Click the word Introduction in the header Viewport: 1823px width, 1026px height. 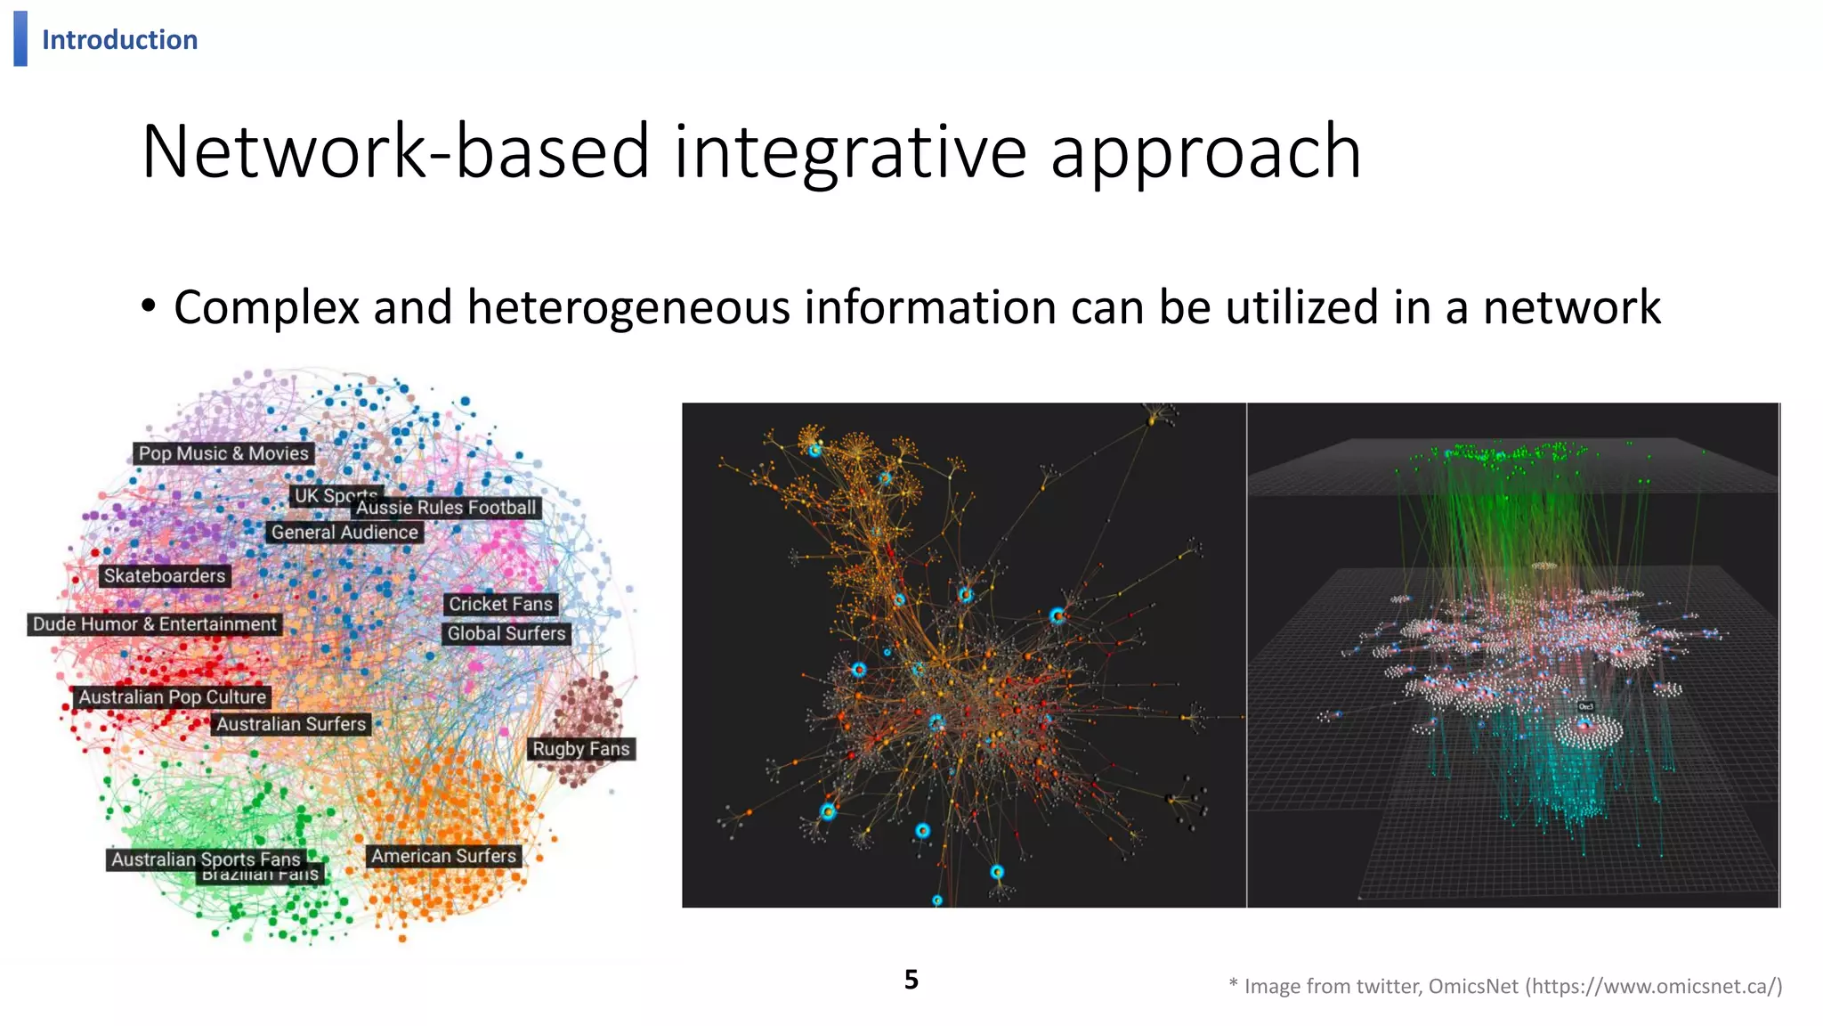tap(119, 40)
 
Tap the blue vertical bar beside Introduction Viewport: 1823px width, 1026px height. tap(20, 38)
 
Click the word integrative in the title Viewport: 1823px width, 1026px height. tap(850, 152)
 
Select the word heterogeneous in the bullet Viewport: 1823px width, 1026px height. tap(628, 307)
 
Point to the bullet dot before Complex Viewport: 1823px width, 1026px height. tap(149, 306)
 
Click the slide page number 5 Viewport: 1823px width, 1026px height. tap(911, 980)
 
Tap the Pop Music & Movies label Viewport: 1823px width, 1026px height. tap(223, 453)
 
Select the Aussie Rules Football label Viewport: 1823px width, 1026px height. tap(447, 508)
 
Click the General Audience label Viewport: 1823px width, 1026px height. tap(344, 533)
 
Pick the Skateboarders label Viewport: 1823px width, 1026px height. tap(165, 576)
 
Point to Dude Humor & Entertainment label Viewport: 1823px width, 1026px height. tap(155, 624)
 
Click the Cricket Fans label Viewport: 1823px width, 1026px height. tap(500, 605)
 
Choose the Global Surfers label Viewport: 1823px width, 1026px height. tap(506, 634)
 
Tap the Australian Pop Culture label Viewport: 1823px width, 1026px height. tap(172, 697)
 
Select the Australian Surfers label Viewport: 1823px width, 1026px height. tap(291, 725)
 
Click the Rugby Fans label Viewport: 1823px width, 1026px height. tap(580, 750)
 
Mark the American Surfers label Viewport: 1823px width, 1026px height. tap(443, 857)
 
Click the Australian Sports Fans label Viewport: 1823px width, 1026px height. tap(206, 859)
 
